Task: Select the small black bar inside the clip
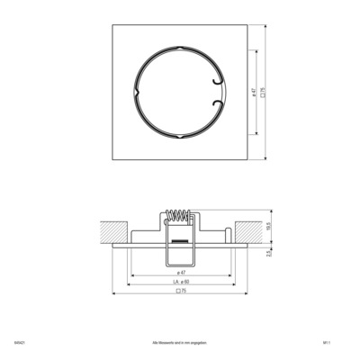tap(178, 242)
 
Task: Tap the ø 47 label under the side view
tap(179, 271)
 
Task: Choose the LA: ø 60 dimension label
tap(179, 282)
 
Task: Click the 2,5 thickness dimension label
tap(268, 254)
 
